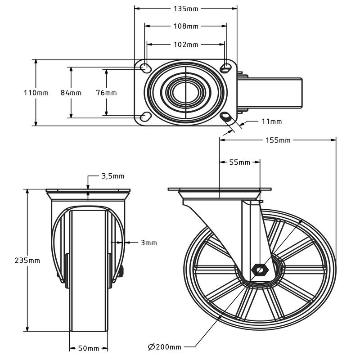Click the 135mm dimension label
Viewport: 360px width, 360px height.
click(x=186, y=8)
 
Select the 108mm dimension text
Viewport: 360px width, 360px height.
click(x=186, y=26)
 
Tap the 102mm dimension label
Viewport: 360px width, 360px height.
click(x=186, y=45)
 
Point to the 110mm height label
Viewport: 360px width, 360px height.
click(x=36, y=93)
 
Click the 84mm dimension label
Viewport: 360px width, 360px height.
click(x=71, y=93)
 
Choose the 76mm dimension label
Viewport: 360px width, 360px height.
click(x=106, y=93)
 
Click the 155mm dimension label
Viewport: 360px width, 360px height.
click(x=278, y=140)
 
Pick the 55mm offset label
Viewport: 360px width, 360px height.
click(x=239, y=162)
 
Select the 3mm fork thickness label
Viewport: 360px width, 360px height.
click(x=148, y=243)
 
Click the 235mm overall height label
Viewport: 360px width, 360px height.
click(x=27, y=261)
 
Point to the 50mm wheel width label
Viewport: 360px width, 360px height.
click(x=89, y=348)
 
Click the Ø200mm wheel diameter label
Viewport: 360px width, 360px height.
click(x=165, y=346)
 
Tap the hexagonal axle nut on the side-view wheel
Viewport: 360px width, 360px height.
click(x=260, y=270)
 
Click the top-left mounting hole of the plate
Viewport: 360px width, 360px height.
click(x=146, y=68)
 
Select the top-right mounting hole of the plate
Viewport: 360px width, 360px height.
click(x=226, y=67)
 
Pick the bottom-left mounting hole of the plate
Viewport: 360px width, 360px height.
click(x=145, y=117)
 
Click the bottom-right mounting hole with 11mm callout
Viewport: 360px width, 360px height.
click(x=226, y=117)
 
